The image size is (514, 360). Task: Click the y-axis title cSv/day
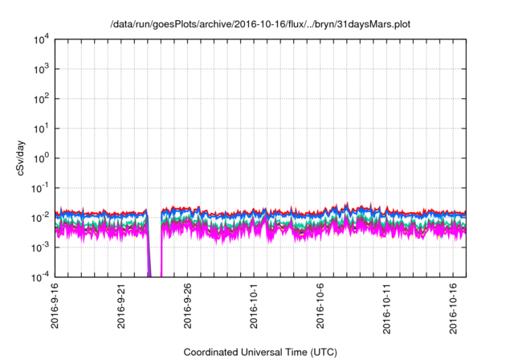pyautogui.click(x=19, y=157)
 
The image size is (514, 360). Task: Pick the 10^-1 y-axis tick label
pyautogui.click(x=38, y=187)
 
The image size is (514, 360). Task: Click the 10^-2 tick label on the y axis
pyautogui.click(x=38, y=217)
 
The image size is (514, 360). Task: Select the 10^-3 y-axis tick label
pyautogui.click(x=38, y=247)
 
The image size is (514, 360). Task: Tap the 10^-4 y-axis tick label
pyautogui.click(x=38, y=276)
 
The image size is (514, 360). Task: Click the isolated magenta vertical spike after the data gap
pyautogui.click(x=161, y=257)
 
